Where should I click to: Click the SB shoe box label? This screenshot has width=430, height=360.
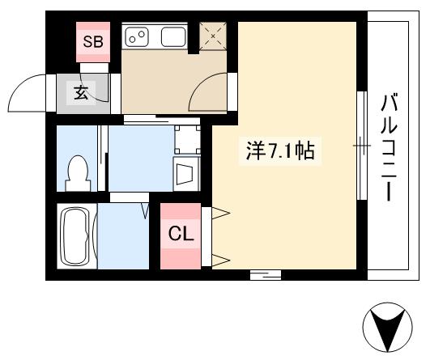(92, 41)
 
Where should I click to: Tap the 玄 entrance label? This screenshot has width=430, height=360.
(82, 92)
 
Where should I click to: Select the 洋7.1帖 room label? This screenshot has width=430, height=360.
(280, 151)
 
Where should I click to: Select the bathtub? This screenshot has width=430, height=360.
(76, 237)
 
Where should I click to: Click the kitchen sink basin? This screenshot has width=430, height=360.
(173, 36)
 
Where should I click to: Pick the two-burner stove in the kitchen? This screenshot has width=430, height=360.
(138, 36)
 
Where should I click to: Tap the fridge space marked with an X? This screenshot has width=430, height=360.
(213, 36)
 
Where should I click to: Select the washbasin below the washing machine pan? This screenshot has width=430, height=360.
(187, 172)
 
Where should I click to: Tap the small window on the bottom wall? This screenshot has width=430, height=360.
(265, 275)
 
